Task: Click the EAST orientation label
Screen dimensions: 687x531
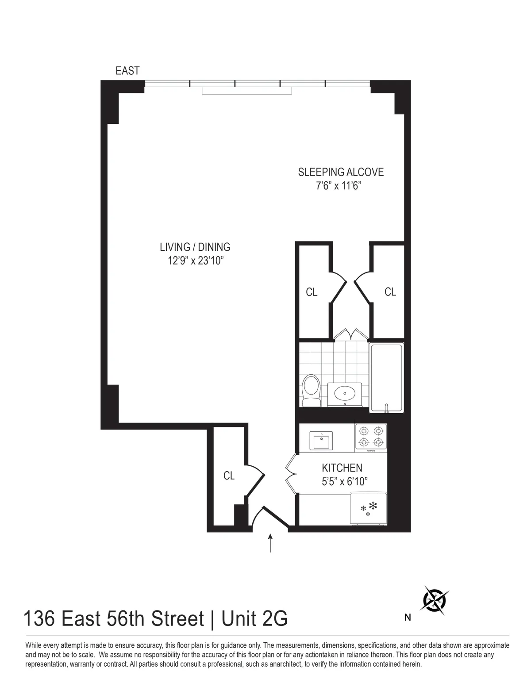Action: pos(127,71)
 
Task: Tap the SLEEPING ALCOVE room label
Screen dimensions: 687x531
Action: pos(341,172)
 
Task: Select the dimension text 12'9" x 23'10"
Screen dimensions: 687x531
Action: pos(195,261)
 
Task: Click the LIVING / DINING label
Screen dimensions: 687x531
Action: pos(195,247)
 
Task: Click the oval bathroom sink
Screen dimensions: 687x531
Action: pos(344,392)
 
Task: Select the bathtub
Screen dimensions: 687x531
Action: pos(386,378)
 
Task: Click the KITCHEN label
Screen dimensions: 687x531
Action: pos(342,468)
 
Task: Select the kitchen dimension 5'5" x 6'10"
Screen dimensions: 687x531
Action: pos(345,481)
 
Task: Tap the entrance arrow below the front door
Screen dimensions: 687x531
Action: pos(270,544)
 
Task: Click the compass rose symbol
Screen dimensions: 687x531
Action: pos(435,600)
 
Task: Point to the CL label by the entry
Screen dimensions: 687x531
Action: pos(229,476)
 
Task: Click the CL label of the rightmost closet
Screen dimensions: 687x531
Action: pos(390,292)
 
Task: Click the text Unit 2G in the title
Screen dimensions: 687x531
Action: pos(254,618)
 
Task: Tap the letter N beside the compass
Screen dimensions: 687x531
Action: pos(408,618)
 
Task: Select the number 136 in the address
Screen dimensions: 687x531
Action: pos(39,618)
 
